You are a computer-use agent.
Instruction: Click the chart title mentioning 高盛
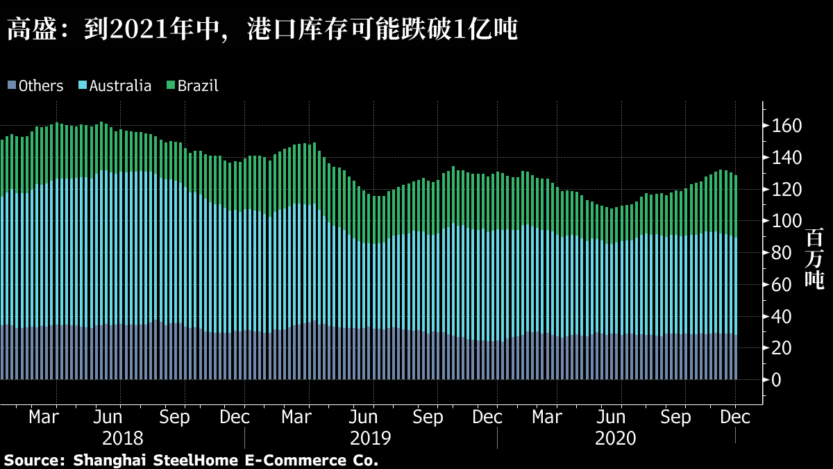(262, 30)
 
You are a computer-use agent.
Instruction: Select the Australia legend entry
(120, 86)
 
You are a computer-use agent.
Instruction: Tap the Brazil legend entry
(198, 86)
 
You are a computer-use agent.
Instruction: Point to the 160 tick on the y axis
(791, 126)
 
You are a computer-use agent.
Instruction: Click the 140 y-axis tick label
(791, 158)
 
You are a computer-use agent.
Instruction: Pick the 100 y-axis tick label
(791, 221)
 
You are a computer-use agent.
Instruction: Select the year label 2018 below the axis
(123, 438)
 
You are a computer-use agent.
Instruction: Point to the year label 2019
(370, 438)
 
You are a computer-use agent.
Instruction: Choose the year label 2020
(616, 438)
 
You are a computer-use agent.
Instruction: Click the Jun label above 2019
(363, 418)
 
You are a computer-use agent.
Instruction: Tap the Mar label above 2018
(44, 418)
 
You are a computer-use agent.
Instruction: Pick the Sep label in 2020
(675, 418)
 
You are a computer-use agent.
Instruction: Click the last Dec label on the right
(736, 418)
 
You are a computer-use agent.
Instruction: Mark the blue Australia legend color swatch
(83, 86)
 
